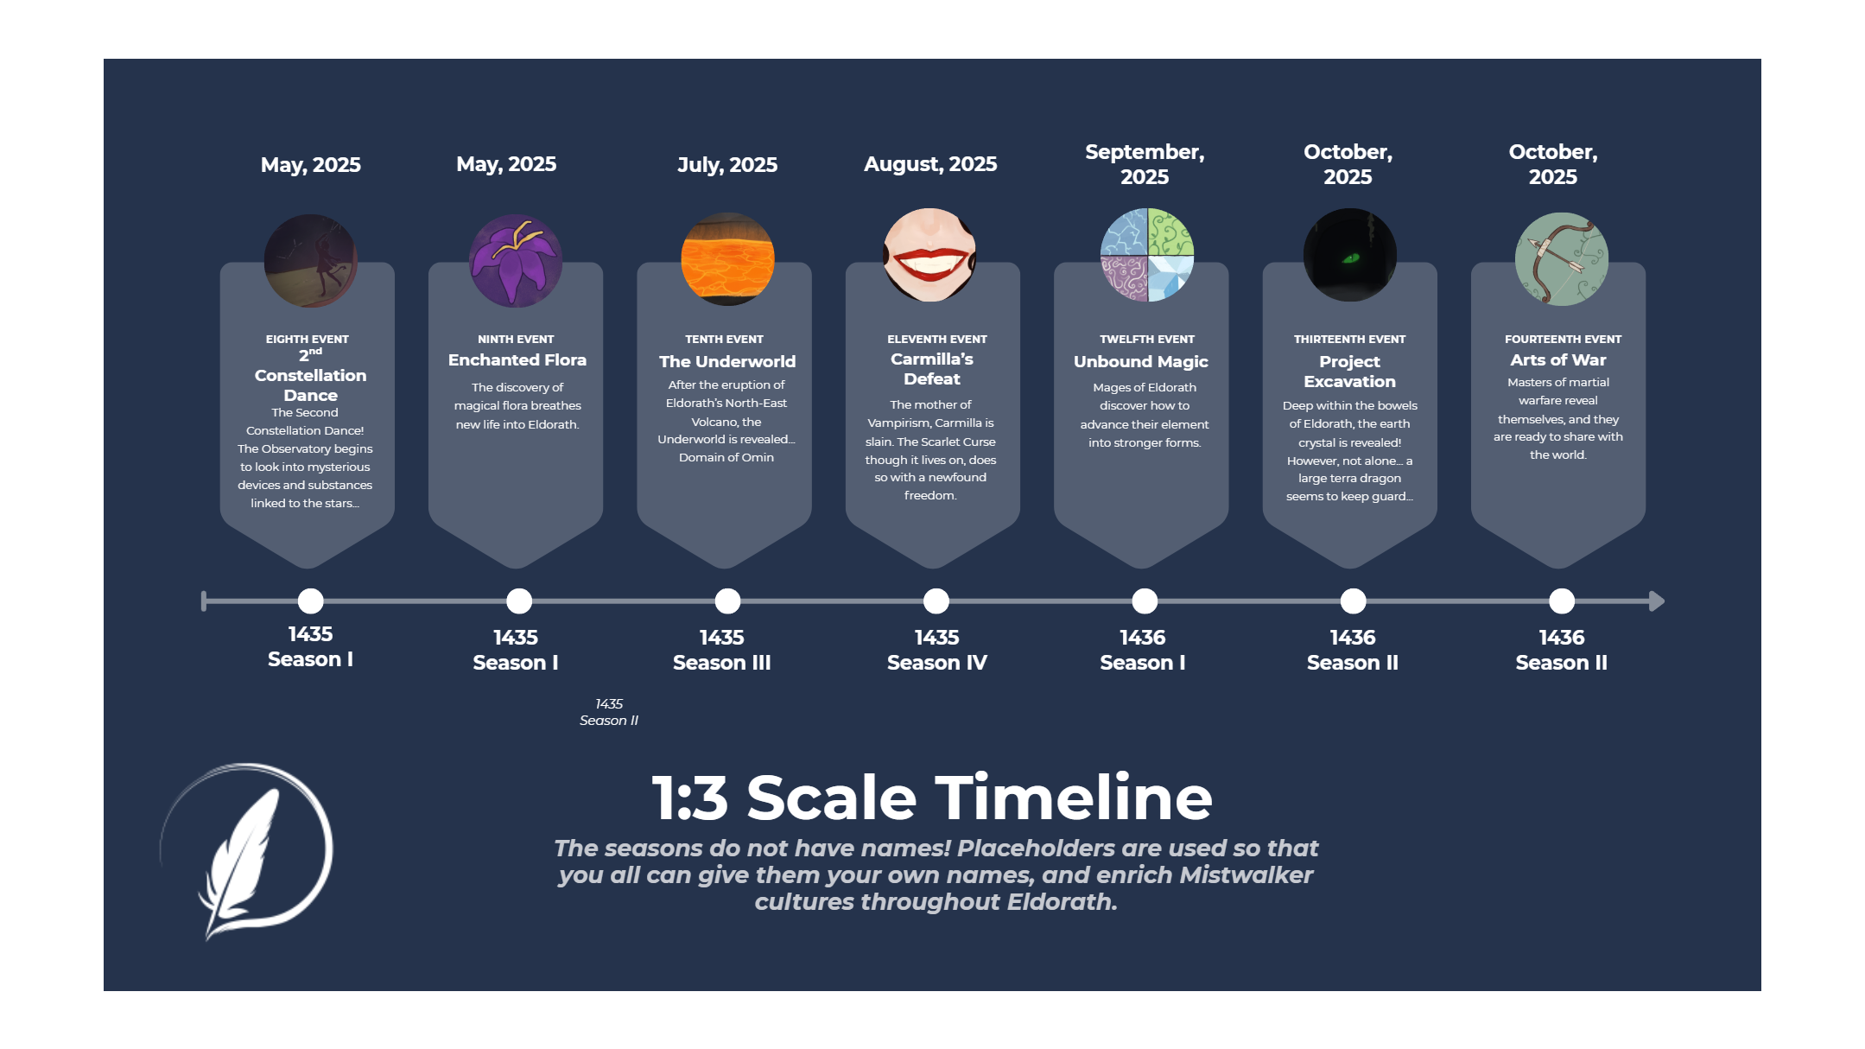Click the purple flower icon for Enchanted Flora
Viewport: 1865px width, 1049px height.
click(x=516, y=260)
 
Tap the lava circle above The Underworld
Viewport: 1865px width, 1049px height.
click(x=727, y=259)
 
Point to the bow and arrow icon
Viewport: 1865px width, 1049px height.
click(x=1562, y=258)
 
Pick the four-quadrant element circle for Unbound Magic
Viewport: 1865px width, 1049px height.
click(x=1146, y=255)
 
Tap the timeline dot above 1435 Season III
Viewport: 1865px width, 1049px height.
click(x=727, y=601)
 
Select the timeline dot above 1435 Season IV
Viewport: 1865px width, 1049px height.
click(x=936, y=601)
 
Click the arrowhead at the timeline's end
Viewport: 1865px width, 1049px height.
click(x=1656, y=601)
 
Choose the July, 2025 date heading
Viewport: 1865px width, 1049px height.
click(x=727, y=164)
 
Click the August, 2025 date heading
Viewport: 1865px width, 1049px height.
click(x=930, y=164)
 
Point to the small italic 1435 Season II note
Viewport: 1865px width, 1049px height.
click(x=609, y=712)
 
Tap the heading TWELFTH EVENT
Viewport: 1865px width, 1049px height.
click(x=1147, y=339)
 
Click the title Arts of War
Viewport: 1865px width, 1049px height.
click(x=1558, y=360)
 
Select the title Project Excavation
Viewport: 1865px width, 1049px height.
click(x=1349, y=372)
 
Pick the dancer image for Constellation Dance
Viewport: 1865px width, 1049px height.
click(x=310, y=260)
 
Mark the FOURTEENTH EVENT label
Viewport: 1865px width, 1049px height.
click(x=1563, y=339)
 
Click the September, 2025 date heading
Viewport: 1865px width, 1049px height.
click(x=1145, y=164)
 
